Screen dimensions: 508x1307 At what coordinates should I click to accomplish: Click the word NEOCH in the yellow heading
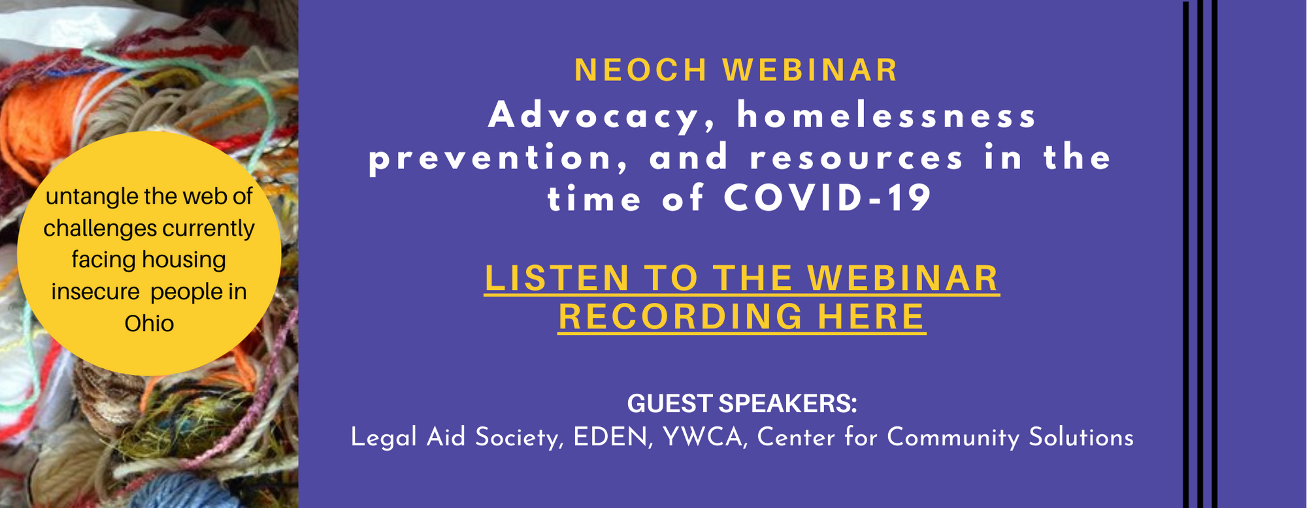pyautogui.click(x=640, y=71)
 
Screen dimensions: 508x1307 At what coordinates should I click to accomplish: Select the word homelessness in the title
pyautogui.click(x=887, y=116)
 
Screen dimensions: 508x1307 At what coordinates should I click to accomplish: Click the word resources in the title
pyautogui.click(x=856, y=159)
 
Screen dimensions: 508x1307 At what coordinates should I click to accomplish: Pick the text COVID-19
pyautogui.click(x=827, y=198)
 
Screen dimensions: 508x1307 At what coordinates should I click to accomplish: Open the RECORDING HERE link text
pyautogui.click(x=742, y=317)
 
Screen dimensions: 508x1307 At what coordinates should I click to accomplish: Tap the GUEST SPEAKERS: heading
pyautogui.click(x=742, y=404)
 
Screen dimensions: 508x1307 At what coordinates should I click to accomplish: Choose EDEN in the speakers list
pyautogui.click(x=612, y=437)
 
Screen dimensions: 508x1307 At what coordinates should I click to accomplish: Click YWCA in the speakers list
pyautogui.click(x=703, y=437)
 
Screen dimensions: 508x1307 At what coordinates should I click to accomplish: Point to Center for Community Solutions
pyautogui.click(x=945, y=437)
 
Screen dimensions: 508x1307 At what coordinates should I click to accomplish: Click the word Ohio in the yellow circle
pyautogui.click(x=149, y=324)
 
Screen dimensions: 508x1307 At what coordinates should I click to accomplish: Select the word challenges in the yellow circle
pyautogui.click(x=100, y=229)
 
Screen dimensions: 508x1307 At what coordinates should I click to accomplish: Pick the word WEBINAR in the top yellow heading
pyautogui.click(x=810, y=71)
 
